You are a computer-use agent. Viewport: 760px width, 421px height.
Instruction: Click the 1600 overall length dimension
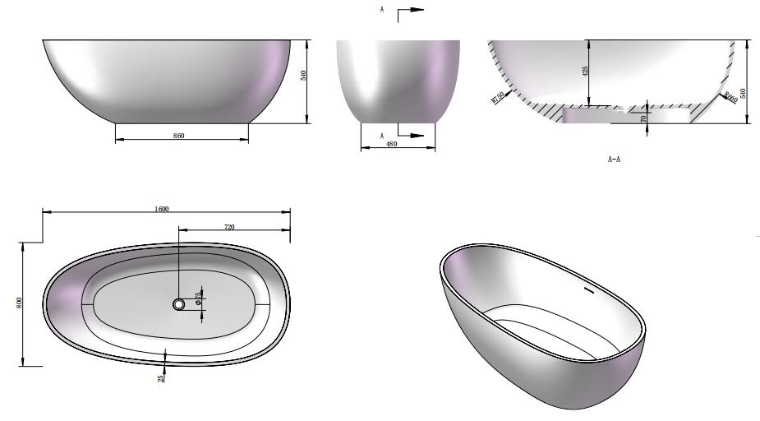[162, 209]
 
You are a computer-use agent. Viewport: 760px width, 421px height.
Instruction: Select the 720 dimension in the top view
[229, 226]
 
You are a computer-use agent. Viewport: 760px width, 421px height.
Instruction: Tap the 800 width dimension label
[19, 303]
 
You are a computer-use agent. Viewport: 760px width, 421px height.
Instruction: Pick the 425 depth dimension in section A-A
[585, 72]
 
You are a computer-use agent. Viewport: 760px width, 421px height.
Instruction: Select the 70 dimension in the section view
[643, 118]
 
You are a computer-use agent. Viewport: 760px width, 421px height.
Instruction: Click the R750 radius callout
[497, 98]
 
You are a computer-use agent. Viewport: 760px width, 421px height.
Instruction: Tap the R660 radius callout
[730, 98]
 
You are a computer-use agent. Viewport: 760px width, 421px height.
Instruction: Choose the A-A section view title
[614, 160]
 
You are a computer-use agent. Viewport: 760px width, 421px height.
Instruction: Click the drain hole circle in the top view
[179, 304]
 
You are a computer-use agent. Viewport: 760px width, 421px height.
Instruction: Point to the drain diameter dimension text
[198, 297]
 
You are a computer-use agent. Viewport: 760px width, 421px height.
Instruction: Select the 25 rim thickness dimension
[162, 377]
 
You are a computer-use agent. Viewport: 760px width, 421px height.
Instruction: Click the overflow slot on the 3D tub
[588, 289]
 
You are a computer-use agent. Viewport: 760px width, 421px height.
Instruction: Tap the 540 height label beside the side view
[303, 75]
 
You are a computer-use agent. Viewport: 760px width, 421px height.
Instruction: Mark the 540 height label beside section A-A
[744, 94]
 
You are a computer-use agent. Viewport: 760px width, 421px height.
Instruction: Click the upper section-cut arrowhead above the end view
[417, 10]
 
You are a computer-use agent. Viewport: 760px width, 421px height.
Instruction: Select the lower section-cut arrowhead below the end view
[417, 135]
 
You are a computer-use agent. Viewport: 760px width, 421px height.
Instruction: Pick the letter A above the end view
[382, 10]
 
